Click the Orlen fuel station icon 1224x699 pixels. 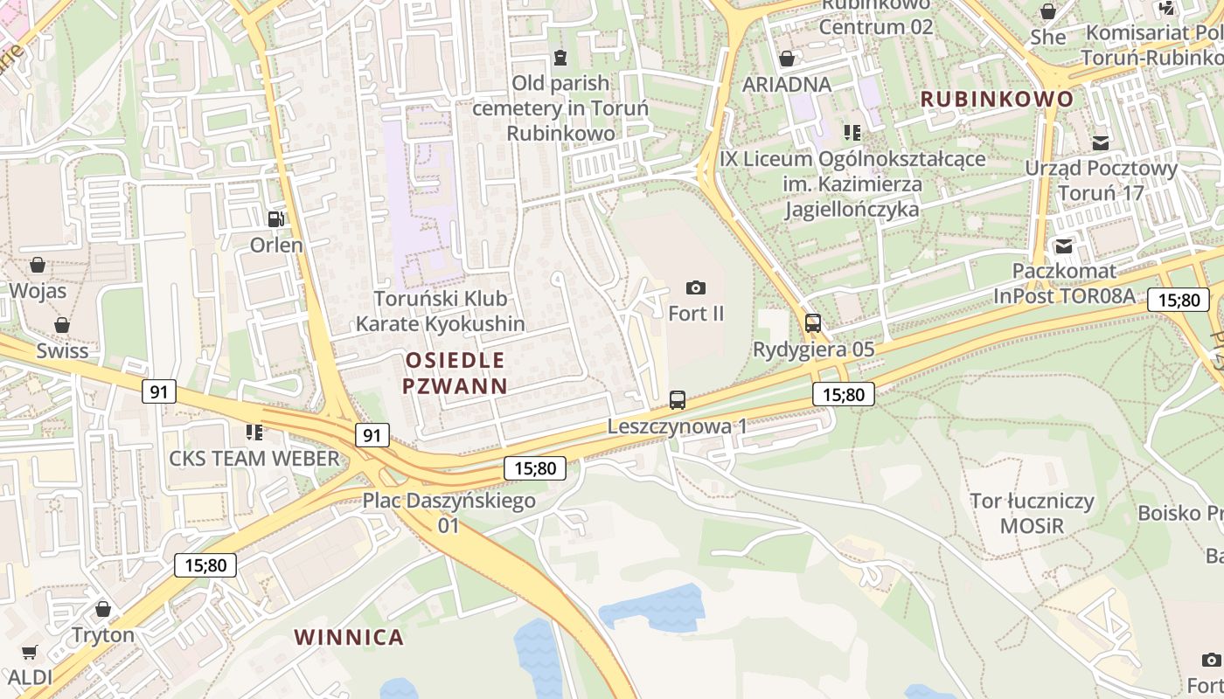(276, 219)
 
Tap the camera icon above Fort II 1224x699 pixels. (696, 287)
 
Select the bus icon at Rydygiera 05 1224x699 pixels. (813, 323)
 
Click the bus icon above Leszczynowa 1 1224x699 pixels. (678, 400)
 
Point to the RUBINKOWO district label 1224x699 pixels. (997, 99)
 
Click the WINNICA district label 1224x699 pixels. (349, 637)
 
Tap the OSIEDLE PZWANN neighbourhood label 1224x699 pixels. (456, 373)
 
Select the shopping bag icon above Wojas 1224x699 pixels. (38, 264)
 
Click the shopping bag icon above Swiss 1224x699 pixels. (62, 325)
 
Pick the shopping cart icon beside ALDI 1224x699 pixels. (30, 652)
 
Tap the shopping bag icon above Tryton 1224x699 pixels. (103, 609)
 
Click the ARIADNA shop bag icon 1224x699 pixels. (787, 59)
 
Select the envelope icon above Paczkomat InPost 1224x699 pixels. (1064, 246)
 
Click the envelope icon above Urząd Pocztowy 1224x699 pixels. (1101, 142)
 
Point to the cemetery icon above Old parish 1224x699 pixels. (560, 58)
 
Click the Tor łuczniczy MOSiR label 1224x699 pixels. (1033, 514)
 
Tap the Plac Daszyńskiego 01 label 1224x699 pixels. (449, 513)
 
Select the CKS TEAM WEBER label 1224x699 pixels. (254, 458)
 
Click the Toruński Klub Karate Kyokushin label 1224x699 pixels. (440, 311)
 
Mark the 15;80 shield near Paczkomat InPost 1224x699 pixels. (1179, 300)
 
